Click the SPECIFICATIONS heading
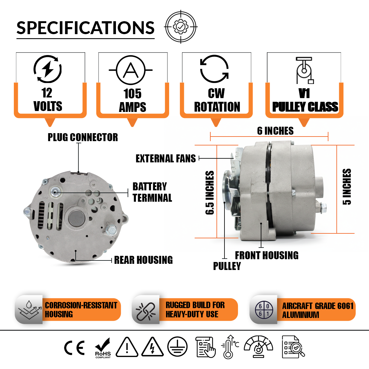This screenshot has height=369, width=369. point(85,28)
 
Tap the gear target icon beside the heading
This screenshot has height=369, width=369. point(181,27)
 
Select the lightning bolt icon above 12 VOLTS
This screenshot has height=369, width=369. point(47,69)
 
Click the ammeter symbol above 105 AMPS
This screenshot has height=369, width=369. point(131,70)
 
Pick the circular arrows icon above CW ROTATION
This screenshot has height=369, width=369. point(214,69)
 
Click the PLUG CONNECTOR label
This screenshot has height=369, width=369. point(82,137)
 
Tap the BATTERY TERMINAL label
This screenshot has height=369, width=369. point(152,192)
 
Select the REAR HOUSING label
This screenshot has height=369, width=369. point(143,260)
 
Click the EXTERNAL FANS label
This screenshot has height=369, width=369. point(165,158)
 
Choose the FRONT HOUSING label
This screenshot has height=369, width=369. point(267,255)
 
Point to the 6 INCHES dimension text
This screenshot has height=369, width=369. point(275,131)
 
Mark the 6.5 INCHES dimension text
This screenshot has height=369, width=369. point(210,193)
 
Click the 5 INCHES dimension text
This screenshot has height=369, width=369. point(347,187)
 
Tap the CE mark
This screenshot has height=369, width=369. point(74,348)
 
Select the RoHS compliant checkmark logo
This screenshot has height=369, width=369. point(103,348)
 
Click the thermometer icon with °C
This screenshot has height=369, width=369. point(229,347)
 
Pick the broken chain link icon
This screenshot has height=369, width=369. point(146,310)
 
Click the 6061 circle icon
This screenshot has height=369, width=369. point(264,310)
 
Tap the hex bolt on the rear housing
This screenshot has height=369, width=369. point(111,230)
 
